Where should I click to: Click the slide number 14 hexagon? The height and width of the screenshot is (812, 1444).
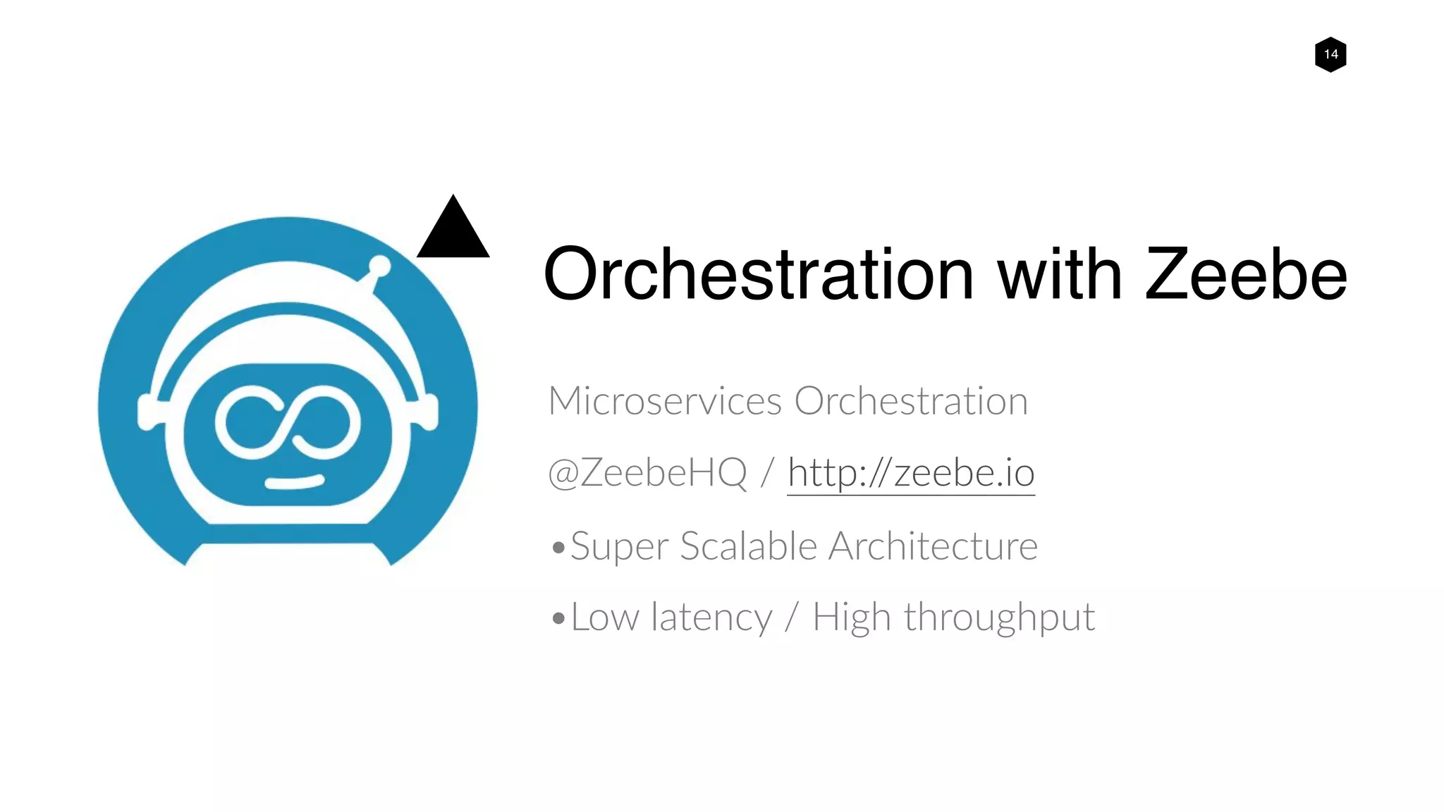[x=1330, y=54]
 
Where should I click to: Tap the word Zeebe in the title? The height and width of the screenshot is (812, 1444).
[x=1245, y=274]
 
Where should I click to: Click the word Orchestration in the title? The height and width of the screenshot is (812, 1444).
[x=759, y=274]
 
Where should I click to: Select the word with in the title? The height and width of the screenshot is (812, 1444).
[x=1059, y=274]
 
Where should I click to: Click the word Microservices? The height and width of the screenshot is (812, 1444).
[x=665, y=401]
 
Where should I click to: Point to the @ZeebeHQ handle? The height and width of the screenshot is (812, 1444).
[x=647, y=472]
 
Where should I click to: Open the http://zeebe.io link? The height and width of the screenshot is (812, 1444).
[x=911, y=473]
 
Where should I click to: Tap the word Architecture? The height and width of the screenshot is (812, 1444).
[x=933, y=546]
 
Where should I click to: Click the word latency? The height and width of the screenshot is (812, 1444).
[x=711, y=617]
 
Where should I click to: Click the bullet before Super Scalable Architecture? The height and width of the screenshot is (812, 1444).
[x=558, y=548]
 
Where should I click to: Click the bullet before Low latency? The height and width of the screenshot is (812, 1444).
[x=558, y=619]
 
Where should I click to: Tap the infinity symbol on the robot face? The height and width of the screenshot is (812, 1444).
[x=288, y=422]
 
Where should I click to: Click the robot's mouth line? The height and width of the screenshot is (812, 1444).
[x=294, y=482]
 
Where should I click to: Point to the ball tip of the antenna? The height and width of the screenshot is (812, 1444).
[x=380, y=266]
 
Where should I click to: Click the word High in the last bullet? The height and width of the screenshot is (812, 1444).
[x=852, y=618]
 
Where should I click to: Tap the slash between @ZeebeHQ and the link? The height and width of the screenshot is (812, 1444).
[x=768, y=473]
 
